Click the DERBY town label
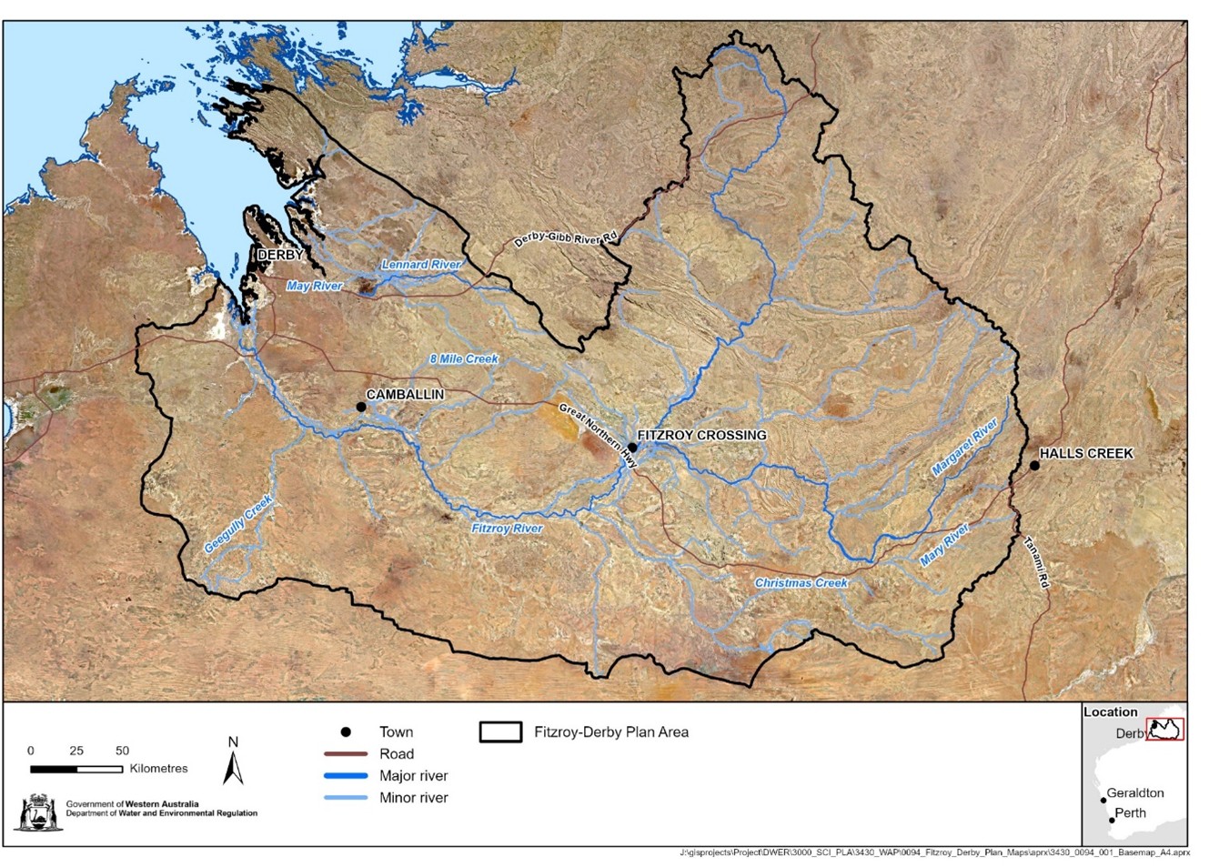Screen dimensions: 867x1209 click(280, 255)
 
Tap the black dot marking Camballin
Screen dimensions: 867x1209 click(361, 407)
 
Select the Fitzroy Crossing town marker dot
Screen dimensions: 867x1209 click(632, 448)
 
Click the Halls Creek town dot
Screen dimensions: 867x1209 click(1034, 466)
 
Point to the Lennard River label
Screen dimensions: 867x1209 click(421, 265)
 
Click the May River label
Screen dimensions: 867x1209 click(314, 286)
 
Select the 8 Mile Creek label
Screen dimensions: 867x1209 click(464, 359)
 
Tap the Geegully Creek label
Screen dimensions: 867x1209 click(237, 524)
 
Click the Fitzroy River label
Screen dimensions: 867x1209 click(507, 529)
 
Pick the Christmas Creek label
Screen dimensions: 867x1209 click(801, 583)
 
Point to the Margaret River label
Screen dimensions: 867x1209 click(964, 447)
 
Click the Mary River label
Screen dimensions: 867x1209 click(944, 545)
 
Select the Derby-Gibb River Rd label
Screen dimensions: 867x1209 click(565, 239)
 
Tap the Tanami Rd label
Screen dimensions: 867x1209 click(1036, 562)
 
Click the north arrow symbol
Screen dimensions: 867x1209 click(233, 762)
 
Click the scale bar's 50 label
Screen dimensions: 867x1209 click(122, 751)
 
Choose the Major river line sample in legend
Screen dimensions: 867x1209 click(346, 776)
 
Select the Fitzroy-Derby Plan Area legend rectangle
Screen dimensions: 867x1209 click(500, 732)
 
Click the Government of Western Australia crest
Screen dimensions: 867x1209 click(37, 812)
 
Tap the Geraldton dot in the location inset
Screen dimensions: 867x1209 click(1103, 801)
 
